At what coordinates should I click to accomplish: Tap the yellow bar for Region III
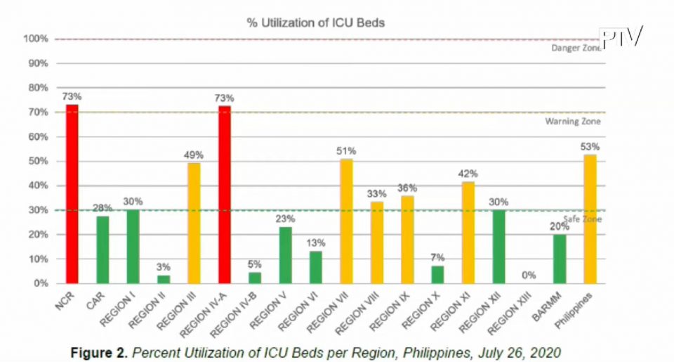[194, 223]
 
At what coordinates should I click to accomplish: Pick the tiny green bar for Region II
[164, 279]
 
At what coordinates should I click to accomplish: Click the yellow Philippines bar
[590, 219]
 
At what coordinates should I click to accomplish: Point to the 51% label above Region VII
[346, 150]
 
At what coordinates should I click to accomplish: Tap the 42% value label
[468, 173]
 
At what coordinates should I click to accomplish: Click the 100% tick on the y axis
[39, 39]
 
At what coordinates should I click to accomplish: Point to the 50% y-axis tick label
[39, 161]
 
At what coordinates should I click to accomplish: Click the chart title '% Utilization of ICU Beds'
[315, 22]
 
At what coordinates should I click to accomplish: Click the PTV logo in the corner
[621, 37]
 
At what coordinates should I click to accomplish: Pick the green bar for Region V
[285, 254]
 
